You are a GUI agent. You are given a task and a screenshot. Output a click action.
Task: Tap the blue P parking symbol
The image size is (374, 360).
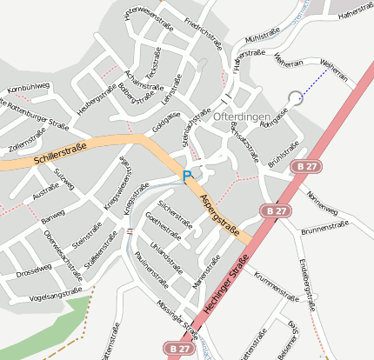click(x=186, y=177)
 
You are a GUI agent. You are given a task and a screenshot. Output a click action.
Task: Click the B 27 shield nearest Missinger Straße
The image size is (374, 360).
click(x=179, y=348)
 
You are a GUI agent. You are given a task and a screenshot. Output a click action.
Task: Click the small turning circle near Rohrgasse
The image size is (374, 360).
click(x=296, y=97)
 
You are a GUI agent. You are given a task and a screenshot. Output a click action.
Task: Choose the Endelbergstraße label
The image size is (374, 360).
click(x=305, y=277)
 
